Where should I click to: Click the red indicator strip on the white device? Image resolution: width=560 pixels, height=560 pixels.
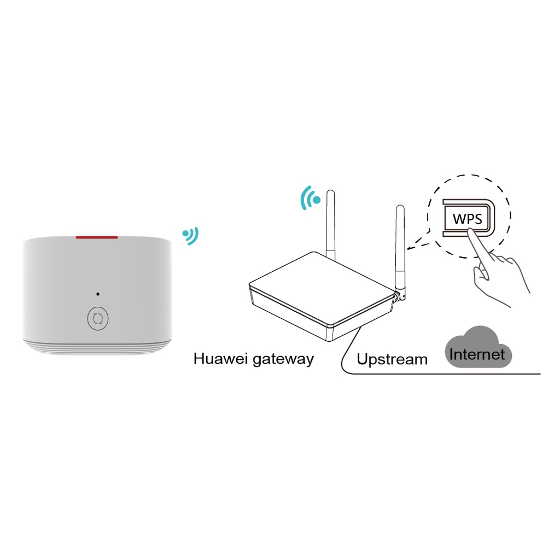pos(97,238)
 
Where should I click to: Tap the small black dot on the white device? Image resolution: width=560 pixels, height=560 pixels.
pos(98,294)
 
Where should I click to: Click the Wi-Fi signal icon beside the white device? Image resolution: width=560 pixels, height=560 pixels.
pos(191,236)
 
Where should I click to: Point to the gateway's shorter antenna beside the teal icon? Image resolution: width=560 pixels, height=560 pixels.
pos(330,224)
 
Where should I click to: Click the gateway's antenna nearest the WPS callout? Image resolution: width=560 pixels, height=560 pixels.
pos(400,246)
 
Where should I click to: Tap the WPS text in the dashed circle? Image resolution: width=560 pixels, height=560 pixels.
pos(468,219)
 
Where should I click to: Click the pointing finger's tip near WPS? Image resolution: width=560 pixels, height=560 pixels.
pos(471,232)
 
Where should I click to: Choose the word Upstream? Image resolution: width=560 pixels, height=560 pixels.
pos(392,359)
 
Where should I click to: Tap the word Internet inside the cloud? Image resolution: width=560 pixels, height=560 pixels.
pos(477,354)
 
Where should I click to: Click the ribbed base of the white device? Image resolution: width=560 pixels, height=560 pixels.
pos(97,347)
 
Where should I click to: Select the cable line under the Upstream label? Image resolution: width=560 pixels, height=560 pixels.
pos(437,374)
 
